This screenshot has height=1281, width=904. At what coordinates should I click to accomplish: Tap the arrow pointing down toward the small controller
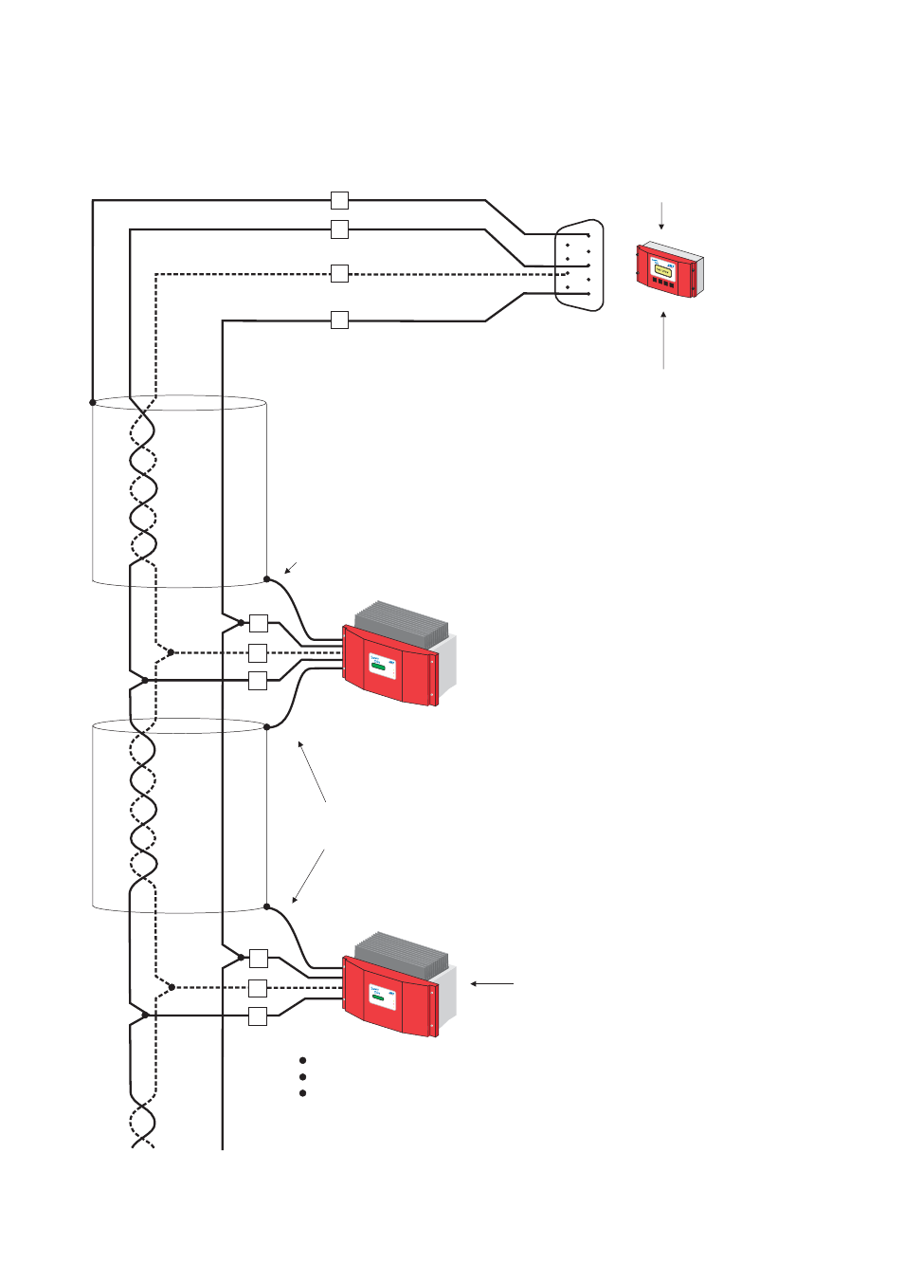(661, 215)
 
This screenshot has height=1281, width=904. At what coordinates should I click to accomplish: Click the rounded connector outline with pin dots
(579, 265)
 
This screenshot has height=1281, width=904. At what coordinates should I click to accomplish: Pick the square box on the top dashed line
(339, 274)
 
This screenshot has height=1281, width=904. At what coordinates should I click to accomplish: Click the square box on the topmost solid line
(339, 200)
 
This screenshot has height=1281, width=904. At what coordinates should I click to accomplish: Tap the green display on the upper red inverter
(379, 667)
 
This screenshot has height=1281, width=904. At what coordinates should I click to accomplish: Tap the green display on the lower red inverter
(379, 997)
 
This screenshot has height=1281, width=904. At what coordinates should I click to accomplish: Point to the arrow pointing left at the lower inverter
(492, 984)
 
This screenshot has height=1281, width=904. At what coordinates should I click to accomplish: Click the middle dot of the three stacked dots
(302, 1077)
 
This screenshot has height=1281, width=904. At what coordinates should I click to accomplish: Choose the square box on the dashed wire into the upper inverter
(258, 652)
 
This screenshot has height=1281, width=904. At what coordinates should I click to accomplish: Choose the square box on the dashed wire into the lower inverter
(258, 988)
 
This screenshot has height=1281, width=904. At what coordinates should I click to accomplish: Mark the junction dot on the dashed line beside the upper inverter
(171, 652)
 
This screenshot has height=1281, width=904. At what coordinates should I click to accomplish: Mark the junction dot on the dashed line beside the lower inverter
(172, 987)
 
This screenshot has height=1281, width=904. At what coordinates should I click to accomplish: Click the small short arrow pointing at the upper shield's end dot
(291, 568)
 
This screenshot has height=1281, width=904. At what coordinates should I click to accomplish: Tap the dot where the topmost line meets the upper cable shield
(93, 402)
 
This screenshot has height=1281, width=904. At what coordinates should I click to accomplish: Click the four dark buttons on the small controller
(663, 283)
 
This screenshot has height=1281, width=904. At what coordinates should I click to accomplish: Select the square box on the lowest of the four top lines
(339, 320)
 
